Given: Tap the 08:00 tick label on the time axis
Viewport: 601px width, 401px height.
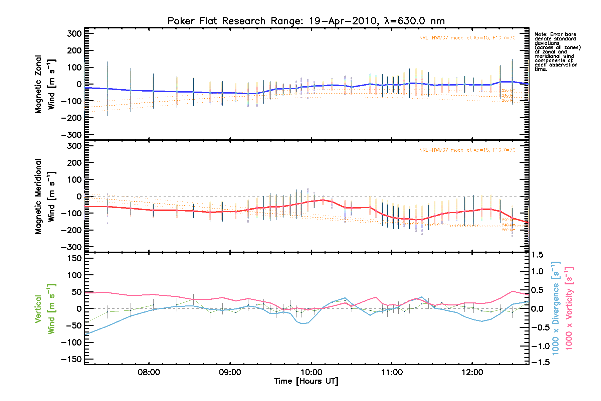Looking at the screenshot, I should pyautogui.click(x=149, y=372).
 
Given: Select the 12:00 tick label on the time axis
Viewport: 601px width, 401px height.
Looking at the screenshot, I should pyautogui.click(x=472, y=372).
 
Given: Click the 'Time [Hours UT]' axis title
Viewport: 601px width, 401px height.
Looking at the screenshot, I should pyautogui.click(x=306, y=381).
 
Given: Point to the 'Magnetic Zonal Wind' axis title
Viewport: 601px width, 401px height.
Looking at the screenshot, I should pyautogui.click(x=45, y=84).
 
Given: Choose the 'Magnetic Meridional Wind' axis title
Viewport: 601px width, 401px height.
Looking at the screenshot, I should pyautogui.click(x=45, y=196).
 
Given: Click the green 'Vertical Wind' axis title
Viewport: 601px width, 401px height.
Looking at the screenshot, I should pyautogui.click(x=45, y=309).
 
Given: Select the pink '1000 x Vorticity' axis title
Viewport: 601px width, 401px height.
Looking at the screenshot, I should pyautogui.click(x=569, y=308).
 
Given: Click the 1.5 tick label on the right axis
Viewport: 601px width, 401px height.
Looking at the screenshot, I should pyautogui.click(x=537, y=255).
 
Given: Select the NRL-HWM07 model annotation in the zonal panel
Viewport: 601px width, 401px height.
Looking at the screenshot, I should pyautogui.click(x=467, y=38).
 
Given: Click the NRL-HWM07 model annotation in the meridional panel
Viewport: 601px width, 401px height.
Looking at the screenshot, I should pyautogui.click(x=467, y=150).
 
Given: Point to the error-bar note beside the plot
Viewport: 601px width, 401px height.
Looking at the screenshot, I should pyautogui.click(x=557, y=52).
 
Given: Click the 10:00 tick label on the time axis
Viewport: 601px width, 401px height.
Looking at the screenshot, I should pyautogui.click(x=311, y=372).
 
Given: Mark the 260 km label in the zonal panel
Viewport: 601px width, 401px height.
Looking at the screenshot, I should pyautogui.click(x=509, y=101).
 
